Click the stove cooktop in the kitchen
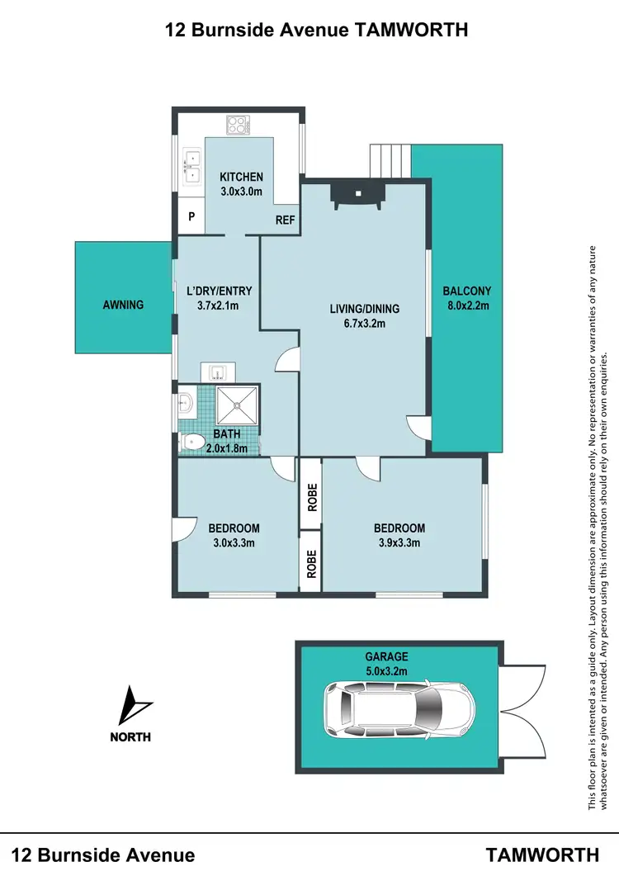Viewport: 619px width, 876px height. click(x=238, y=125)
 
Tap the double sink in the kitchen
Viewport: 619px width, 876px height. click(x=191, y=165)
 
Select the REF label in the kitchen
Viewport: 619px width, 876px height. click(x=285, y=220)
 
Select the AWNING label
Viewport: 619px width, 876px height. click(x=123, y=305)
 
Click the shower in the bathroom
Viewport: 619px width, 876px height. click(x=238, y=405)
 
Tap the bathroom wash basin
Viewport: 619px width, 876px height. click(x=186, y=405)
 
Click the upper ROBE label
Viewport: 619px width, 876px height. click(x=312, y=499)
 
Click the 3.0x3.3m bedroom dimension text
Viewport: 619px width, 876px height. click(x=234, y=542)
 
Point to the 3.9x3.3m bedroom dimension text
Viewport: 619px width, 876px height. click(x=399, y=542)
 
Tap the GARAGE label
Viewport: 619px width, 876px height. click(x=387, y=657)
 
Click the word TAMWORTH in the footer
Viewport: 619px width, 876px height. click(x=542, y=855)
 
